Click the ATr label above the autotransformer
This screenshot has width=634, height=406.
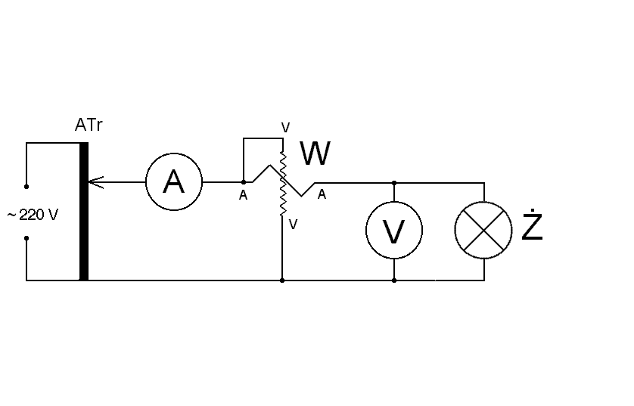89,126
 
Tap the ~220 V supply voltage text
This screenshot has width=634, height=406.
33,215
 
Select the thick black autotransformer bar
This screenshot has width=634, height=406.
84,212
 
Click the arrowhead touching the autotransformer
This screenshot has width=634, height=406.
93,182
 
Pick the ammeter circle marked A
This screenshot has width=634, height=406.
174,182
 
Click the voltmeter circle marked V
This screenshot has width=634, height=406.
394,231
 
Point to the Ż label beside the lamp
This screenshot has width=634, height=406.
533,227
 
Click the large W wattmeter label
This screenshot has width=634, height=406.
315,154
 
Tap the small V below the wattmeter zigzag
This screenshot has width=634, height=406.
292,224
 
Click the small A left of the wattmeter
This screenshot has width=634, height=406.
243,196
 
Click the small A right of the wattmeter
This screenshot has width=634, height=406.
322,195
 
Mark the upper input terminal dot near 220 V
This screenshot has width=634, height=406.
26,186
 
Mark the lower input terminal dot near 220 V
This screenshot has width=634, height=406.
26,238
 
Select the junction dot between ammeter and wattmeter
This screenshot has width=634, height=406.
243,182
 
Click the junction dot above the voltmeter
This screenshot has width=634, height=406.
394,182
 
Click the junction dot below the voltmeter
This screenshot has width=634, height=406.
394,280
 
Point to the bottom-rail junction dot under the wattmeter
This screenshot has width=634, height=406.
282,280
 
